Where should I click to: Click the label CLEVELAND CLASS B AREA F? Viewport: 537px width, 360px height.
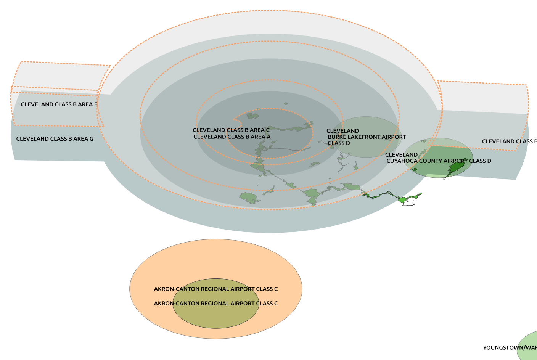coord(59,104)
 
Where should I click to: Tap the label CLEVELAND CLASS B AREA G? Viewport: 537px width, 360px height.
coord(55,139)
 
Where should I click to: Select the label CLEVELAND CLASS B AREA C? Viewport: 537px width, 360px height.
coord(231,130)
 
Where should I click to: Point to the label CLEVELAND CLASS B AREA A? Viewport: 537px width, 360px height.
coord(232,137)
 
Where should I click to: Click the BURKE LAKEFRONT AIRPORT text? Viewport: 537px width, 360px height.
coord(367,137)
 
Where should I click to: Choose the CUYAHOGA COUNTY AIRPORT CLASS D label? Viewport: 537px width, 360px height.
coord(439,161)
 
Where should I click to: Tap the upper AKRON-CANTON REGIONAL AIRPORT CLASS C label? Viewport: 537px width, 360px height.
coord(216,289)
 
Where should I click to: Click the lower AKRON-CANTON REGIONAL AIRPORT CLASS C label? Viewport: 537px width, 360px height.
coord(216,304)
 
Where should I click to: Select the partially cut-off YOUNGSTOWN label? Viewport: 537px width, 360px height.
coord(510,348)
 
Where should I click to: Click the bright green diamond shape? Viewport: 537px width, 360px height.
coord(402,200)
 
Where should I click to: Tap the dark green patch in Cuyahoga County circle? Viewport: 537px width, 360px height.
coord(456,167)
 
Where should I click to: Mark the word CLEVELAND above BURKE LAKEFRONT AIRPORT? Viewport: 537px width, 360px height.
coord(342,131)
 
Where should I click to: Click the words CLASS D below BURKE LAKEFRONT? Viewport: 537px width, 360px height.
coord(339,143)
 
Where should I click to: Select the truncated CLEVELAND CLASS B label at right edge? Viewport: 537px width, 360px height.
coord(509,141)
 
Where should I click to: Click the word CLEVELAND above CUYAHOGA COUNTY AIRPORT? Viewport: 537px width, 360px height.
coord(401,155)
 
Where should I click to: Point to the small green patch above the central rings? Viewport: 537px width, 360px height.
coord(286,103)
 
